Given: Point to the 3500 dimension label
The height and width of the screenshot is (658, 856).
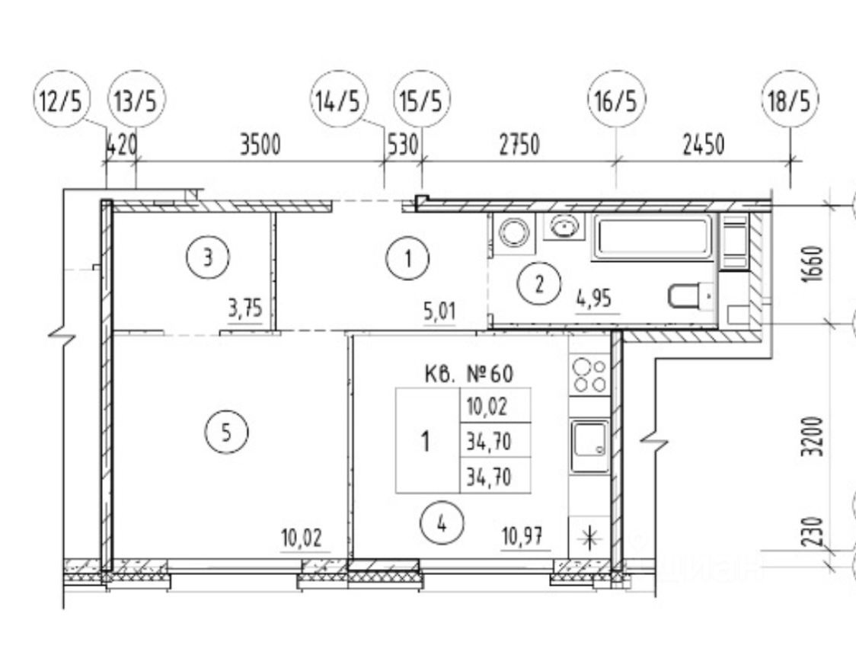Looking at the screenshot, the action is tap(261, 145).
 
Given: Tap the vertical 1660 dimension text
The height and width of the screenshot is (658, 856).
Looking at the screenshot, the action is tap(816, 263).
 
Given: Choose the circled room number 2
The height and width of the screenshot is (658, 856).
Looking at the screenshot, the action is tap(539, 285).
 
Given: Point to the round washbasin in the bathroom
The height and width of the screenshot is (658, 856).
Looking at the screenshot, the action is tap(564, 227).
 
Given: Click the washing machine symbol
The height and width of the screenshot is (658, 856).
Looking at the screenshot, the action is tap(515, 232).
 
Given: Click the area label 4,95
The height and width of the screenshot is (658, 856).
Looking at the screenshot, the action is tap(598, 299).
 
